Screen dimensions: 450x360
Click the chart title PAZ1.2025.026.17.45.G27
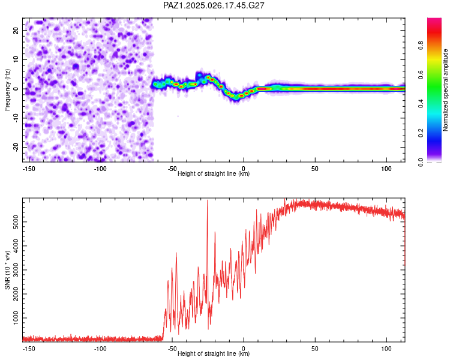[214, 5]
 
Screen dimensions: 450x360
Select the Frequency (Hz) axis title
[7, 90]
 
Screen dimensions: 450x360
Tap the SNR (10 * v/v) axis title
[7, 270]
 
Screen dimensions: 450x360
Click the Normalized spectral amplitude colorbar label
[445, 90]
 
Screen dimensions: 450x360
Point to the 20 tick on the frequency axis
[16, 30]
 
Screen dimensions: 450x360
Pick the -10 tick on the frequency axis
[16, 118]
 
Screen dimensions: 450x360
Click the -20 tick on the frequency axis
[16, 147]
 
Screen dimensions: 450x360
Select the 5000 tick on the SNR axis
[16, 222]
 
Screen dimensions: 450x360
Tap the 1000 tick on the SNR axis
[16, 318]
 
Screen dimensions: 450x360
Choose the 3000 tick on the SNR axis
[16, 270]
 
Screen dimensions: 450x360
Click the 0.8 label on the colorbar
[421, 46]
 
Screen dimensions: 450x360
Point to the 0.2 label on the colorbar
[421, 133]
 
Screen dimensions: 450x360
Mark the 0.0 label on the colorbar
[421, 162]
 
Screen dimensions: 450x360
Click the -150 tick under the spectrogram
[28, 169]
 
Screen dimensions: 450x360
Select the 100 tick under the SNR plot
[386, 349]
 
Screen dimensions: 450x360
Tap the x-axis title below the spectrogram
[214, 173]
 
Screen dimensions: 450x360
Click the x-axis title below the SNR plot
[214, 353]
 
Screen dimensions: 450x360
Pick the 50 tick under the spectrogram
[315, 169]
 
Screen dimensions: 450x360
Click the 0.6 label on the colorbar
[421, 74]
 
